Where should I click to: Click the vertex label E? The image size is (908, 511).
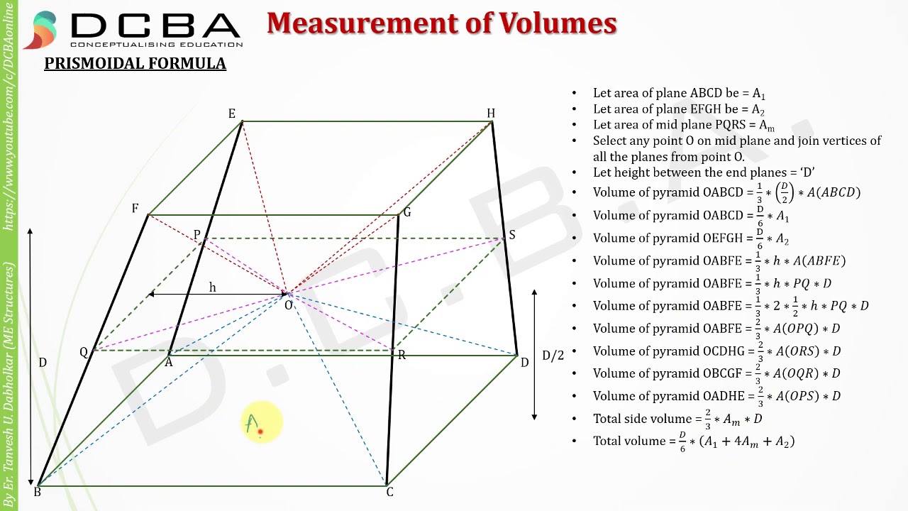(x=232, y=114)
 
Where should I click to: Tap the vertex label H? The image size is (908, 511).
(x=491, y=113)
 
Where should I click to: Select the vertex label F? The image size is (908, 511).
(x=135, y=208)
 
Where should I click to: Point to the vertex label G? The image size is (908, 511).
(x=407, y=212)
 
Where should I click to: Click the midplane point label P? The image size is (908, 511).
(x=197, y=234)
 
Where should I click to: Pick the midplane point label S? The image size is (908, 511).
(x=512, y=235)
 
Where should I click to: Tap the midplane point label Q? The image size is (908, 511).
(x=84, y=353)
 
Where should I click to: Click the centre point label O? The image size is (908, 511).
(x=288, y=305)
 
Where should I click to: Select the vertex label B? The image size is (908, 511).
(x=38, y=492)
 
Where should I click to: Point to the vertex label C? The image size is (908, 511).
(x=389, y=492)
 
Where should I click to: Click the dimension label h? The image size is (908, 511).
(x=212, y=287)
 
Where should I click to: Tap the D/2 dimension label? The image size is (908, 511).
(x=553, y=356)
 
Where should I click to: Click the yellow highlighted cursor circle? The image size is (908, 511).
(x=262, y=422)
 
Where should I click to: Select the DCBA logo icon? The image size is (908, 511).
(x=40, y=30)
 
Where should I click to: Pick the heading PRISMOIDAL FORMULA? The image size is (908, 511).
(x=135, y=63)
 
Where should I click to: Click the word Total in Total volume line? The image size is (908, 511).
(x=608, y=441)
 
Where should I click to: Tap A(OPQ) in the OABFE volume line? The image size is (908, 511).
(x=795, y=328)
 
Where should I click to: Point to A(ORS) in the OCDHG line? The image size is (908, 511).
(x=796, y=351)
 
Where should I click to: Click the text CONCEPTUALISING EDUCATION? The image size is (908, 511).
(x=157, y=44)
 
